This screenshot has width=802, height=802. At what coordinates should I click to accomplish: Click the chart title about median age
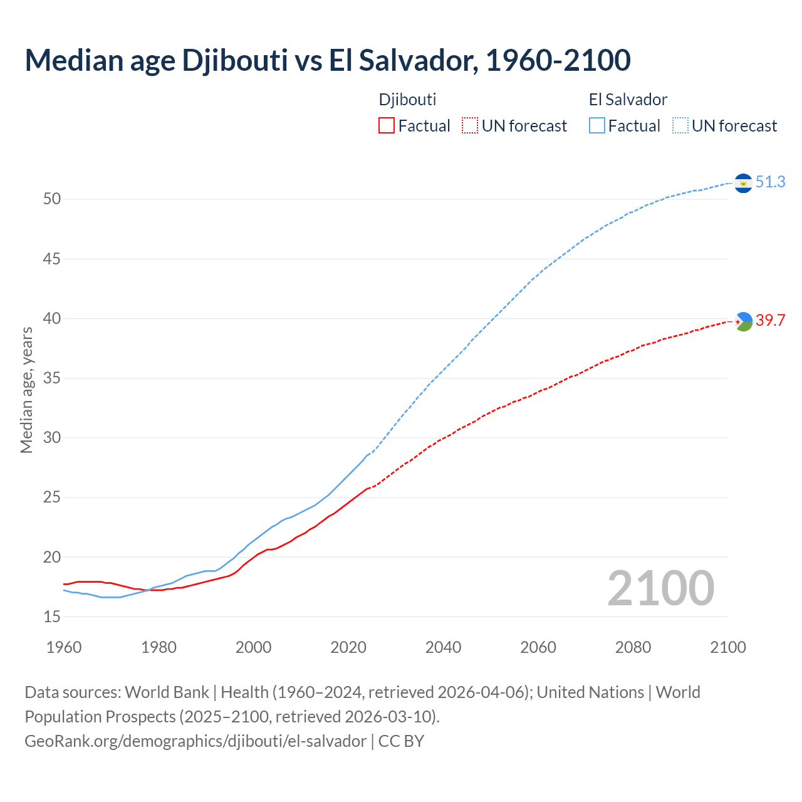327,60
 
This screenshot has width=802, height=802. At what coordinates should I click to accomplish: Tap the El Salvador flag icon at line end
743,183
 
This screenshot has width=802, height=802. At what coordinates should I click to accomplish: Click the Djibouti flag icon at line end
743,321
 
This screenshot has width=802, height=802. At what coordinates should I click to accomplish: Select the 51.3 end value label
770,182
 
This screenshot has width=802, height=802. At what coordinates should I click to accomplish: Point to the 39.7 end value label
770,321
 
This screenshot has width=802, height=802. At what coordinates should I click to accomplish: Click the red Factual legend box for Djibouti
387,126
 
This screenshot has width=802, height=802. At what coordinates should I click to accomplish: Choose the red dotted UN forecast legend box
470,126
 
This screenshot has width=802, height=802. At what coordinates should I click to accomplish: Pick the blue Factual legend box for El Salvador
597,126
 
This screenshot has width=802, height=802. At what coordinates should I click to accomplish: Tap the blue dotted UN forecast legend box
680,126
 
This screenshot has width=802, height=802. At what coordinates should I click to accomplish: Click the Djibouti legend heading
407,100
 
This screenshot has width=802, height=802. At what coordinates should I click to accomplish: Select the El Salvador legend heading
628,100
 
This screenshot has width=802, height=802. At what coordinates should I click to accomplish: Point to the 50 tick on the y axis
52,199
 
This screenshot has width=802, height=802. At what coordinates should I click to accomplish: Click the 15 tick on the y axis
52,617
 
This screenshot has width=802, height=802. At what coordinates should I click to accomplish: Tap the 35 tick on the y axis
52,378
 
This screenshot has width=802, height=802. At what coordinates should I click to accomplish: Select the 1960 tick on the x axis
64,647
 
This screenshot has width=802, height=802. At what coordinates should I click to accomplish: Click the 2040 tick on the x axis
443,647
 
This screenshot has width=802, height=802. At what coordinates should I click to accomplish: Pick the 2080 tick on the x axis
633,647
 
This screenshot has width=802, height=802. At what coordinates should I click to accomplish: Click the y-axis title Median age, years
26,390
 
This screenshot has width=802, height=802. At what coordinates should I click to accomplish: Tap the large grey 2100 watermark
660,588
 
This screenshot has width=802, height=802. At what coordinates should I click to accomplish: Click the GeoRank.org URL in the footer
195,741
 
